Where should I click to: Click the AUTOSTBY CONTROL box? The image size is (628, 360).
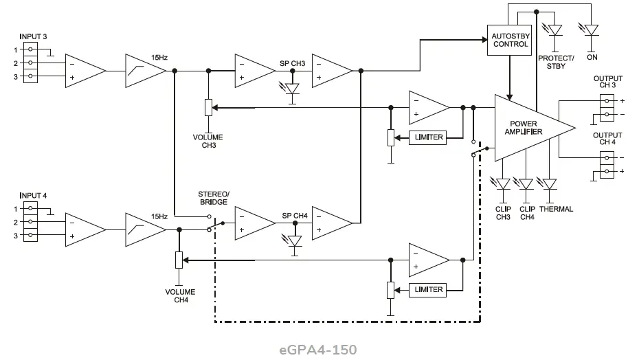510,40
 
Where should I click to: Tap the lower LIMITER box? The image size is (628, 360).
427,289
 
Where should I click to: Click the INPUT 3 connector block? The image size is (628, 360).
30,63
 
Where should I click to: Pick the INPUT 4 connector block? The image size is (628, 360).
30,222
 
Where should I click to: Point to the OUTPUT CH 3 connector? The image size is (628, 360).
607,106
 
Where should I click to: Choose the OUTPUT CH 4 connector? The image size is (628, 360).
607,164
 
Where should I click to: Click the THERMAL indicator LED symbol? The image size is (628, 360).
550,184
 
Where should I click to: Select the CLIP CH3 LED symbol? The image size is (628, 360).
502,184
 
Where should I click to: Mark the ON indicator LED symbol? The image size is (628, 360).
591,30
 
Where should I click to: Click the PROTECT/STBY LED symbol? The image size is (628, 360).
554,30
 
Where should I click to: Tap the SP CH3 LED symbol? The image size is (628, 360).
292,89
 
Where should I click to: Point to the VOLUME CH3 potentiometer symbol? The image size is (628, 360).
208,108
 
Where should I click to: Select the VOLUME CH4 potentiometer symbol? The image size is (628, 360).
179,260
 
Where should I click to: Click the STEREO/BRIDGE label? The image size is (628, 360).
213,199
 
